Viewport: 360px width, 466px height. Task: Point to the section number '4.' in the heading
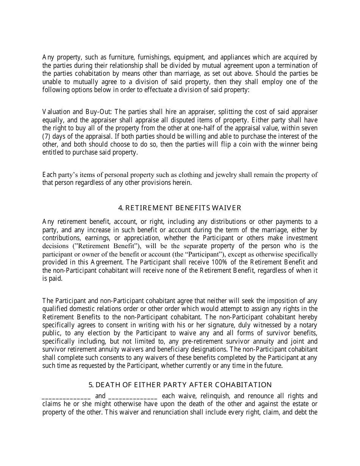(x=121, y=208)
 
